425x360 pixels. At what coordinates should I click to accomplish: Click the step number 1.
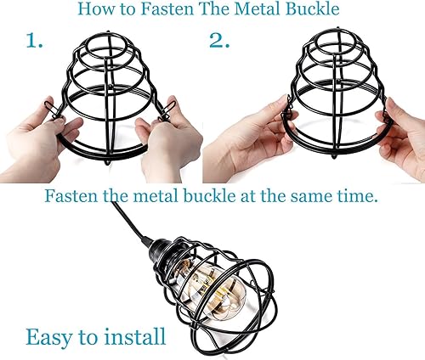33,42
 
